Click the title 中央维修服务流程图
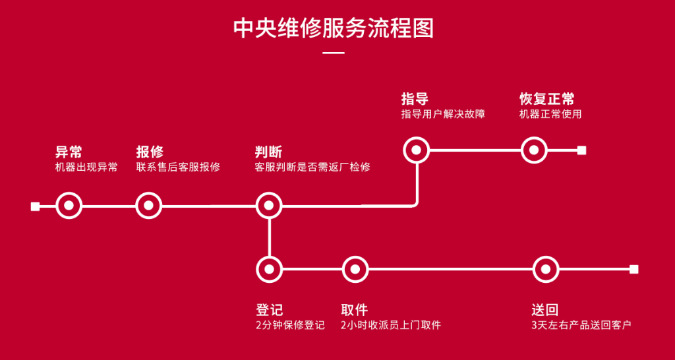coord(334,28)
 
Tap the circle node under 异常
coord(69,206)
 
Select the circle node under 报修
coord(148,206)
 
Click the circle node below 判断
coord(268,206)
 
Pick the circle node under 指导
coord(416,150)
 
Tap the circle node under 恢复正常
coord(534,150)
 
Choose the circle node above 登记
coord(268,269)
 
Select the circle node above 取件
coord(355,269)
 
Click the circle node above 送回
coord(544,269)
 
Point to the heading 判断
coord(268,151)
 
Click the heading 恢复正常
coord(546,99)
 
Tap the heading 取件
coord(354,309)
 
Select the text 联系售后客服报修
coord(178,167)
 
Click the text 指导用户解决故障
coord(443,114)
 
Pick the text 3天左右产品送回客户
coord(581,325)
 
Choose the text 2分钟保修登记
coord(290,325)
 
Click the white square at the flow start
coord(35,206)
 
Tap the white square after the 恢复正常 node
coord(581,150)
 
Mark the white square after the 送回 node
coord(633,269)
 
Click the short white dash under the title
coord(334,53)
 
